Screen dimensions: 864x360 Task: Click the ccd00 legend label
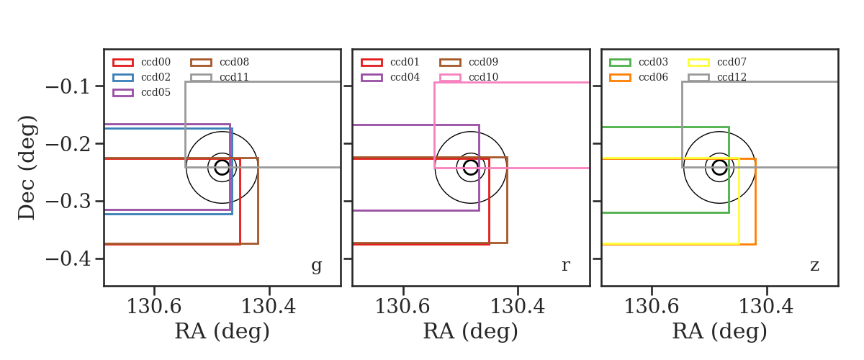coord(156,62)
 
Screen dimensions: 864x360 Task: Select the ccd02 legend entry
coord(156,77)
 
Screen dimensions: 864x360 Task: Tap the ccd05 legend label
coord(156,92)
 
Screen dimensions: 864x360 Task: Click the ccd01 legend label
coord(405,62)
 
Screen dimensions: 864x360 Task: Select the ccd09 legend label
coord(483,62)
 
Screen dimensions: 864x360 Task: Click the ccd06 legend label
coord(653,77)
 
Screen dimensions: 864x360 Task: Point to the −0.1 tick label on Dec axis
coord(68,86)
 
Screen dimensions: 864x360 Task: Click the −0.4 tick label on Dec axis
coord(68,258)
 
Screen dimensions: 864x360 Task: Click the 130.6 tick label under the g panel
coord(154,307)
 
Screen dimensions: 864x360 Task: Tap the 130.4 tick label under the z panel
coord(766,307)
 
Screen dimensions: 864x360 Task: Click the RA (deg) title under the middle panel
coord(471,331)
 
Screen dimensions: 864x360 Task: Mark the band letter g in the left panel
coord(317,266)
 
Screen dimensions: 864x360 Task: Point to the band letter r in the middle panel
coord(565,265)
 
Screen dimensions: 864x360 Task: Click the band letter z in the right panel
coord(814,266)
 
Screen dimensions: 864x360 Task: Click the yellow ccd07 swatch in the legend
coord(698,63)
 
